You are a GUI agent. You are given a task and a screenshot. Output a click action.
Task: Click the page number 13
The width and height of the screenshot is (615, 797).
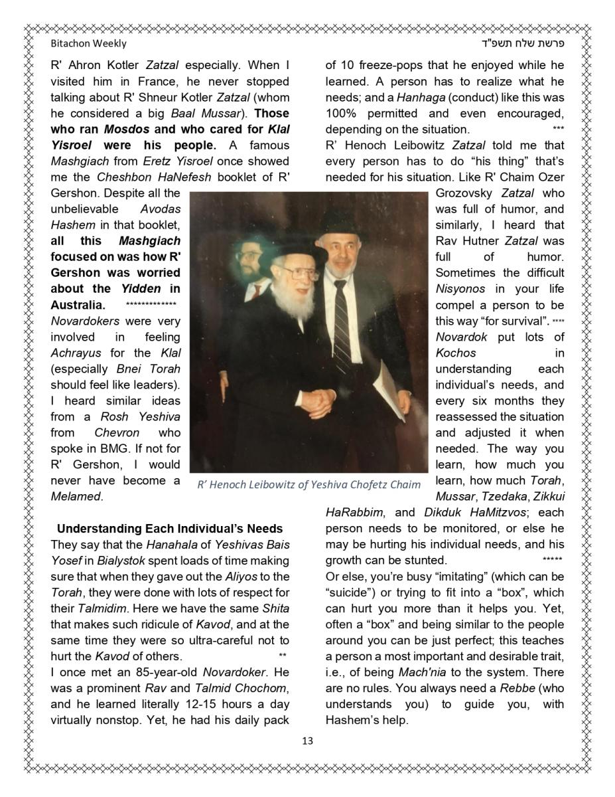point(307,741)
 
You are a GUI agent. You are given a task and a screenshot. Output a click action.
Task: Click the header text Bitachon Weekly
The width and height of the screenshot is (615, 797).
point(88,44)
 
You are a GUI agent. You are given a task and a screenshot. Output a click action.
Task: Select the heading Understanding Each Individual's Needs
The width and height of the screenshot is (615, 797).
point(170,529)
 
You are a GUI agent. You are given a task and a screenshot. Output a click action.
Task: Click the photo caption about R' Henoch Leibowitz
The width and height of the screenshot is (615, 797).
point(308,484)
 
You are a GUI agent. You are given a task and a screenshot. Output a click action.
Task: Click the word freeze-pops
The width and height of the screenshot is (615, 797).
point(390,65)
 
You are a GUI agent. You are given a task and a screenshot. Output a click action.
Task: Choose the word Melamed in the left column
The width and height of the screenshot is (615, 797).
point(76,496)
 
